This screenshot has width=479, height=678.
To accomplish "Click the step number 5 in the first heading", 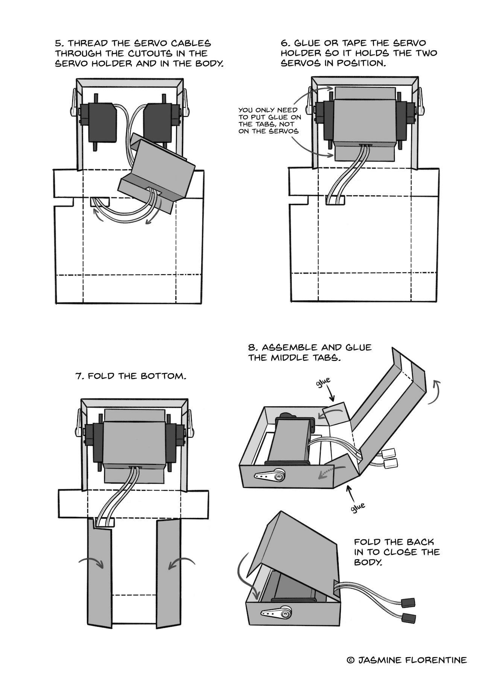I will tap(58, 44).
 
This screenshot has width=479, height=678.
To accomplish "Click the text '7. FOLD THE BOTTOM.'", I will tap(131, 376).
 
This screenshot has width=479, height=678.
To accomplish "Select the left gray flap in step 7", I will tap(99, 573).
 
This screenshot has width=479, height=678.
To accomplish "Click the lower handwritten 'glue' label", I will tap(357, 507).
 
